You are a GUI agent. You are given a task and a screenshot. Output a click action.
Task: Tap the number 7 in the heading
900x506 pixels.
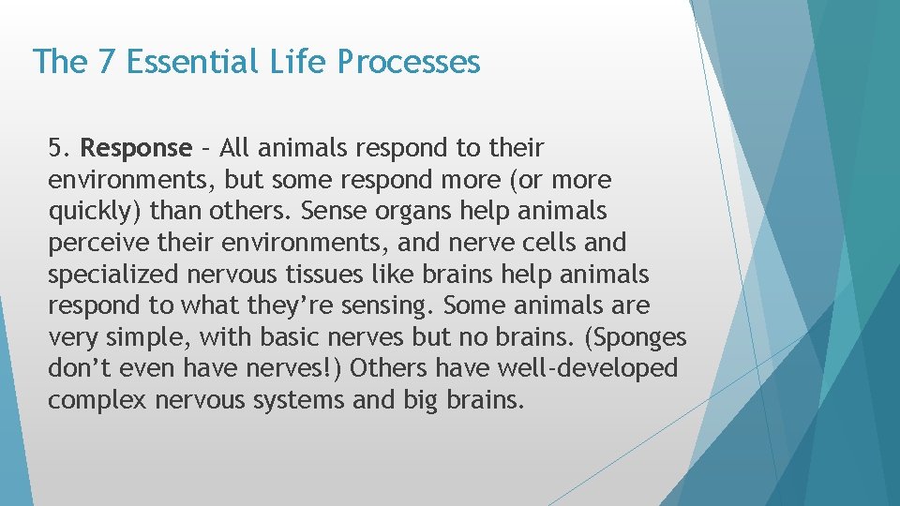point(106,62)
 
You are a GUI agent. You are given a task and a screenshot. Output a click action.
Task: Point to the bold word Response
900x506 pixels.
point(136,148)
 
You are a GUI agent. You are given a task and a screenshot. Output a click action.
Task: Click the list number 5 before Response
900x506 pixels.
point(58,148)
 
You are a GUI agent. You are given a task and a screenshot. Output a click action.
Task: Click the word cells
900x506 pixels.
point(554,243)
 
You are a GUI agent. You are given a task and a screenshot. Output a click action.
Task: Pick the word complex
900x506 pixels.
point(97,400)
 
